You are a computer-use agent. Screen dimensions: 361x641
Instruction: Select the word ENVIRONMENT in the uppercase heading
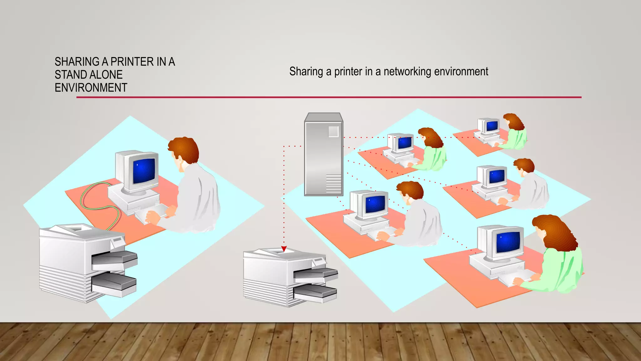pyautogui.click(x=91, y=88)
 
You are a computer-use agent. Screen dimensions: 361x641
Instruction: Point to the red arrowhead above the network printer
pyautogui.click(x=284, y=249)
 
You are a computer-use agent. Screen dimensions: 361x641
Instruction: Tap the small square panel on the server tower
pyautogui.click(x=333, y=131)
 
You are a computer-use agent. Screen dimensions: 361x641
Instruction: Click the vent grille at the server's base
pyautogui.click(x=334, y=184)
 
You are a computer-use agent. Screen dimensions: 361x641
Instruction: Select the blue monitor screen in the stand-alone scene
pyautogui.click(x=144, y=171)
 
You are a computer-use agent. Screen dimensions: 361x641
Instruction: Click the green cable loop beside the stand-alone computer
pyautogui.click(x=94, y=201)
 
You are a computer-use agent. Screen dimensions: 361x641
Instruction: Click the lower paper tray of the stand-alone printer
pyautogui.click(x=114, y=284)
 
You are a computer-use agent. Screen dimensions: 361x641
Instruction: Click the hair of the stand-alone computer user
pyautogui.click(x=185, y=149)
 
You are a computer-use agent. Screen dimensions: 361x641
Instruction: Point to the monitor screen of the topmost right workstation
pyautogui.click(x=492, y=126)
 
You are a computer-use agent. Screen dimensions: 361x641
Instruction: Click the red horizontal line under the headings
pyautogui.click(x=329, y=97)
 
